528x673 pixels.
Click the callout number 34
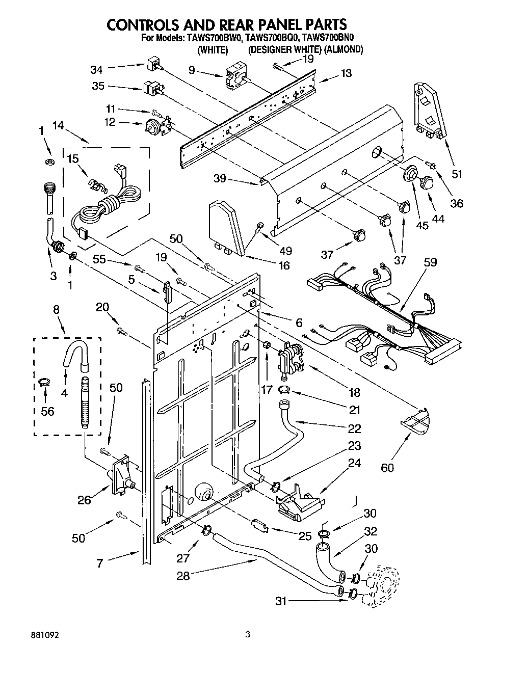pyautogui.click(x=96, y=69)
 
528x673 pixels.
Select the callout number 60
pyautogui.click(x=387, y=467)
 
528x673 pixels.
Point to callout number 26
pyautogui.click(x=85, y=501)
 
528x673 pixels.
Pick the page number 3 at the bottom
pyautogui.click(x=248, y=635)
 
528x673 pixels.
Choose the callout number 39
pyautogui.click(x=220, y=178)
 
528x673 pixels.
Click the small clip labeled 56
pyautogui.click(x=44, y=383)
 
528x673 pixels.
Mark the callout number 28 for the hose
pyautogui.click(x=183, y=576)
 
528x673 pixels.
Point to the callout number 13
pyautogui.click(x=346, y=73)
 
